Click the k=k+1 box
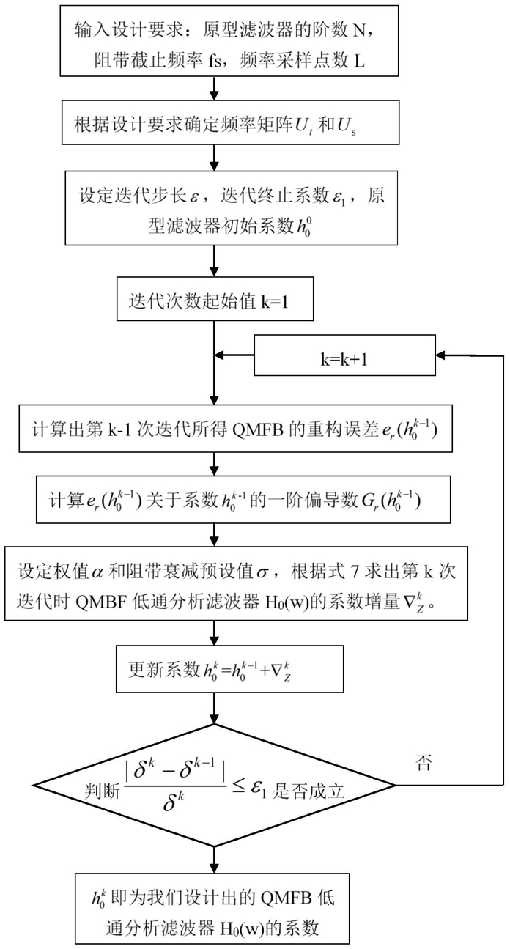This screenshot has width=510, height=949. pos(344,355)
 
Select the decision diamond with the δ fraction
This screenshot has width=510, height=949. pos(215,786)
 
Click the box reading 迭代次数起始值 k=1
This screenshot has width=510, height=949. pos(215,298)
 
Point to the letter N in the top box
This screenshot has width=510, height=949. pos(359,31)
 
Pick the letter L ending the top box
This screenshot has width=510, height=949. pos(359,62)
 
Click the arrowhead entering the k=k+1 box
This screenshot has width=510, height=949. pos(440,355)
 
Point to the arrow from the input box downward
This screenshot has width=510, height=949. pos(215,88)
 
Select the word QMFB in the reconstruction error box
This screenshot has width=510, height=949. pos(258,430)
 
